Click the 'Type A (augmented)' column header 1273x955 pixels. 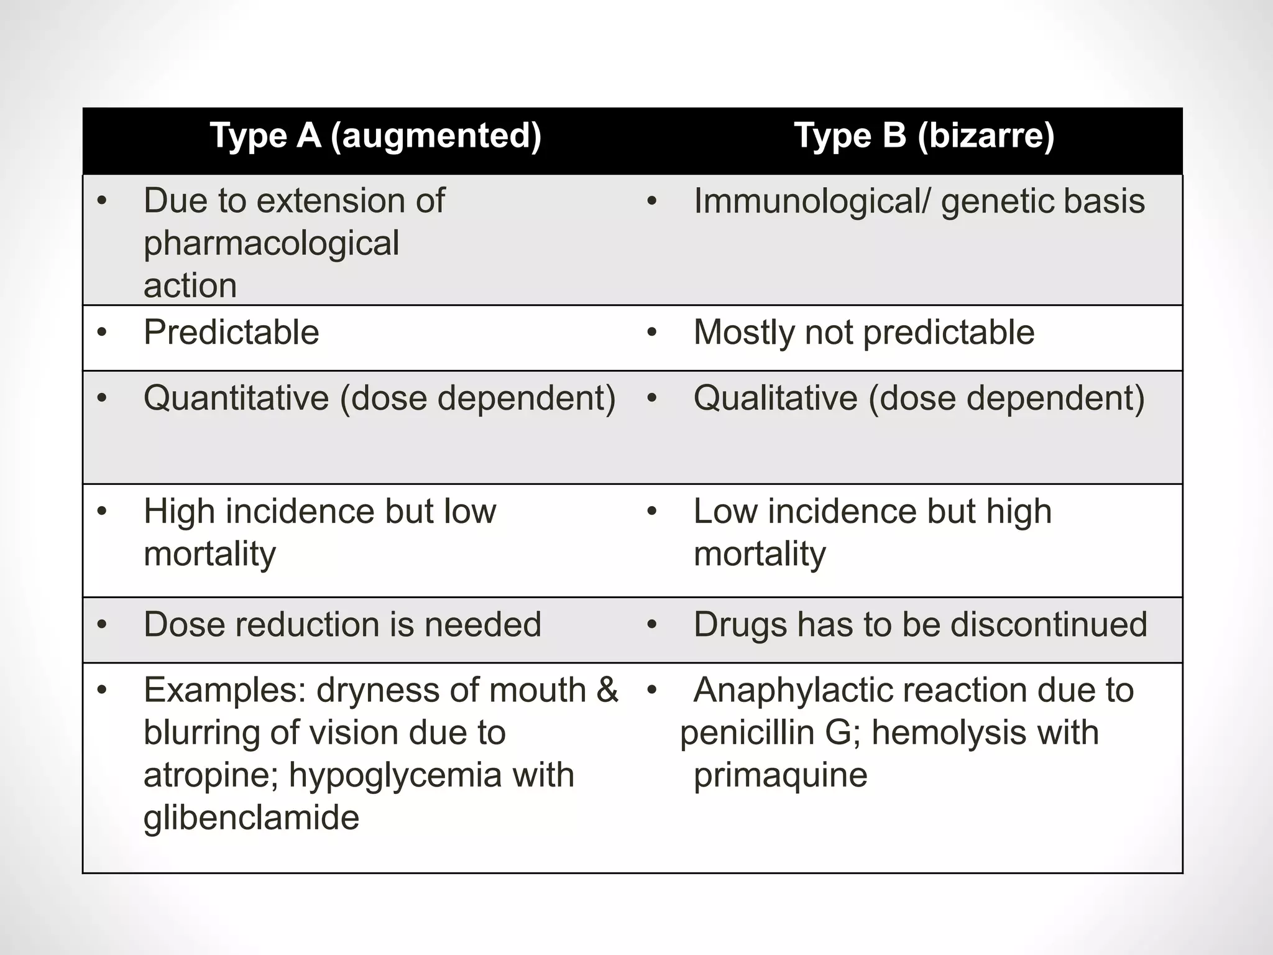click(x=375, y=136)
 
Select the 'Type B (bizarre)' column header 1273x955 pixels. click(x=924, y=136)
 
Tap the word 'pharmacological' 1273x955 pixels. click(x=271, y=243)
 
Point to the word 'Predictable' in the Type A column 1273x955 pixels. click(x=231, y=332)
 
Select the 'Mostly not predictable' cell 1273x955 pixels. click(x=863, y=332)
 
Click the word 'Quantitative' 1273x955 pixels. click(x=236, y=398)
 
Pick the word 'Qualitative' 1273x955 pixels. click(x=775, y=398)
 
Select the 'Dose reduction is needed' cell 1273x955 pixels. click(x=342, y=624)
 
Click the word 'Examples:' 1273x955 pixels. click(x=224, y=690)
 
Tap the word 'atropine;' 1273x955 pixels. click(x=211, y=775)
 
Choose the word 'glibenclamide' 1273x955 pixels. click(x=251, y=818)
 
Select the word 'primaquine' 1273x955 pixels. click(x=780, y=775)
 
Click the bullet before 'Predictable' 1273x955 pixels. click(x=102, y=332)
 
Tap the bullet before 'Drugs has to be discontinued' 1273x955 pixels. click(x=651, y=624)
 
